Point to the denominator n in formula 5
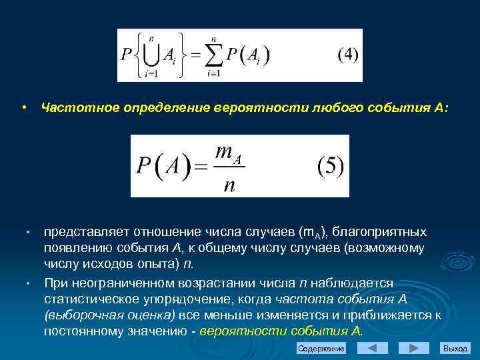pos(229,184)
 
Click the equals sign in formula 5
pos(200,166)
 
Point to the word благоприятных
pos(380,231)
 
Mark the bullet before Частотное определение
pos(23,107)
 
